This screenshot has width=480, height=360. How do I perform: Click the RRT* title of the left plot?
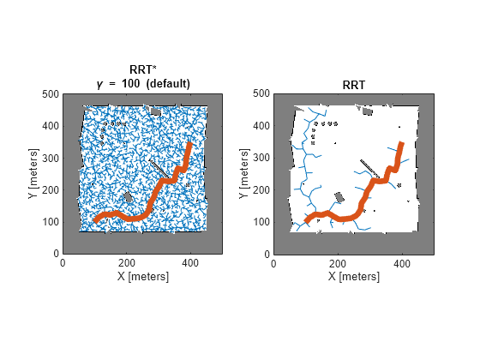point(142,70)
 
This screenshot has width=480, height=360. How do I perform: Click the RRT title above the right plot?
point(353,83)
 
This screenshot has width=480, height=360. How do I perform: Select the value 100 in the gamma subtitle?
point(129,83)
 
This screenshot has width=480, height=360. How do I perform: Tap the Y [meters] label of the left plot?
point(33,174)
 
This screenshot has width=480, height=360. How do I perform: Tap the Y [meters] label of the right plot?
point(243,174)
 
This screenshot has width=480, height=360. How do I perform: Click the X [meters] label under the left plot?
point(142,277)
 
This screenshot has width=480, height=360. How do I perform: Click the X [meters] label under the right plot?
point(353,277)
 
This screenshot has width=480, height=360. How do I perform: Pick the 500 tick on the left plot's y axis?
point(50,94)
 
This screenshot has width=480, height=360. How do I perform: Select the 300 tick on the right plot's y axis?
point(261,159)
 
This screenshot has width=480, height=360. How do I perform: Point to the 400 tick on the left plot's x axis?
point(190,263)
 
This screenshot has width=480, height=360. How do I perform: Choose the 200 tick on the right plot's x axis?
point(338,263)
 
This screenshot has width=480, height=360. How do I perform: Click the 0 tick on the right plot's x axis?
point(273,263)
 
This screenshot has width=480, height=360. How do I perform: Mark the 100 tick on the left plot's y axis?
point(50,223)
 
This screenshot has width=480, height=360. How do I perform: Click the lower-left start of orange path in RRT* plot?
point(95,221)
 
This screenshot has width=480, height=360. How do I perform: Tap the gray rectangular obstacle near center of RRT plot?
point(339,196)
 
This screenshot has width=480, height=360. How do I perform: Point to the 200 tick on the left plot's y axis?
point(50,190)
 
